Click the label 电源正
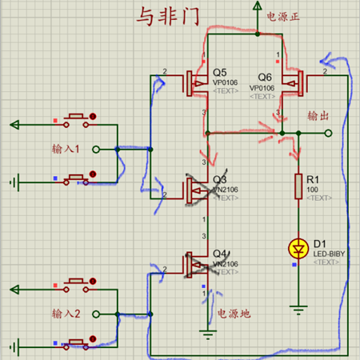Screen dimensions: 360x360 (x=284, y=15)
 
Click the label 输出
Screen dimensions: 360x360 (x=318, y=117)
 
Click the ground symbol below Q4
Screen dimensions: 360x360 (x=207, y=334)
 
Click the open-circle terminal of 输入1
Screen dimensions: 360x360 (x=95, y=149)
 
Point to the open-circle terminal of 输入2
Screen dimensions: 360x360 (x=95, y=314)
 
